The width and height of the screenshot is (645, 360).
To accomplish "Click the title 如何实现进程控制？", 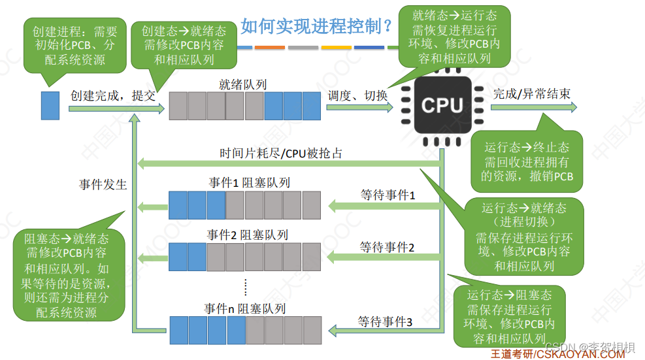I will point(316,26).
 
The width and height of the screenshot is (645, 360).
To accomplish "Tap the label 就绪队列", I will point(244,84).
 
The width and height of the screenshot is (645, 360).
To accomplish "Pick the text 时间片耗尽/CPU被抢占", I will point(280,154).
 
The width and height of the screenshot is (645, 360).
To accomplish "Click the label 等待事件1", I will point(388,195).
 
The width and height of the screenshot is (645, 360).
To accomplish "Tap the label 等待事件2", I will point(388,247).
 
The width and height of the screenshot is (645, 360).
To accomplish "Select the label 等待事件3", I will point(385,321).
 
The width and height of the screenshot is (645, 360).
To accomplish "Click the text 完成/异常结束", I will point(531,94).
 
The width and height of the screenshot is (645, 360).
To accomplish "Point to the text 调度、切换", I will point(357,95).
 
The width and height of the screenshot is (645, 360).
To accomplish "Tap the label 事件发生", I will point(103,185).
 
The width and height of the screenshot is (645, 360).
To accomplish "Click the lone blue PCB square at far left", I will point(50,105).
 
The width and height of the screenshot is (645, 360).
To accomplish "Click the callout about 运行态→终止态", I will point(527,162).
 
